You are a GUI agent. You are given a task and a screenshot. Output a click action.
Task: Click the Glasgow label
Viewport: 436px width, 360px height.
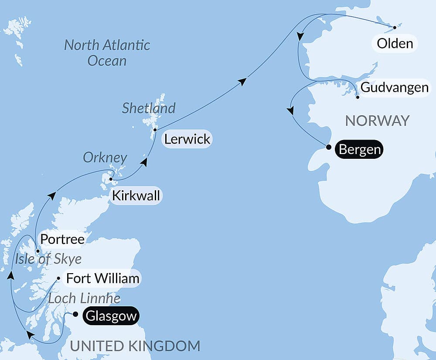pos(111,316)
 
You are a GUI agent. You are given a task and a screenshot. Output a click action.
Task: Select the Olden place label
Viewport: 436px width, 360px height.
pos(395,44)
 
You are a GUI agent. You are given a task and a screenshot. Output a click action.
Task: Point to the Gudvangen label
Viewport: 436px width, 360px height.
pos(395,88)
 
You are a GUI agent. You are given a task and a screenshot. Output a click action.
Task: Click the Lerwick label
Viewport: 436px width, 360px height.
pos(187,139)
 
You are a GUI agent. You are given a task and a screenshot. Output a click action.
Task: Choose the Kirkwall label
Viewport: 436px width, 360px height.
pos(136,195)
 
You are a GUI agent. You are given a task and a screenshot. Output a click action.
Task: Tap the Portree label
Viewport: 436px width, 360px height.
pos(61,239)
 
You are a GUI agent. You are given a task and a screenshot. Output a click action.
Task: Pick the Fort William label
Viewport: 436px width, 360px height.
pos(103,278)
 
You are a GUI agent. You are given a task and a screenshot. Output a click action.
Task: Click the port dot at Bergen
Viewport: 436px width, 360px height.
pos(328,147)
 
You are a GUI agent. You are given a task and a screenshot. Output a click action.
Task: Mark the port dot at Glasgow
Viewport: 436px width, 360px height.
pos(75,314)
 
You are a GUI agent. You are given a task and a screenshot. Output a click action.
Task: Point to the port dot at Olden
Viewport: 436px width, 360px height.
pos(395,27)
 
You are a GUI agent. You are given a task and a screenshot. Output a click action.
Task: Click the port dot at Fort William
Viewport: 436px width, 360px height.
pos(59,278)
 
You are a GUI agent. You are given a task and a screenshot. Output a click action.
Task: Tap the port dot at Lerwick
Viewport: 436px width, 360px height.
pos(155,130)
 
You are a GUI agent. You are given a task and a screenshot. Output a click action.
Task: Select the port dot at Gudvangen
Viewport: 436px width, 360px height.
pos(358,97)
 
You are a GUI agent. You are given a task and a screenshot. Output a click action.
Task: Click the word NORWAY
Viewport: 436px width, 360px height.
pos(377,120)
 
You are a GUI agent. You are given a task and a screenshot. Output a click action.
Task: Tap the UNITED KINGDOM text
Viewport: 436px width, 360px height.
pos(135,346)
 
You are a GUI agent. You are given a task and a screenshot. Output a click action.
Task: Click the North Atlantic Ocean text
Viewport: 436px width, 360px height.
pos(107,52)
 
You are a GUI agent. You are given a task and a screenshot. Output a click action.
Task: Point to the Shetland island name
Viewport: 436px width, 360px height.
pos(148,108)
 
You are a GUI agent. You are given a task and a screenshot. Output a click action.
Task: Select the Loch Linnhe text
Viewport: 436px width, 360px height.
pos(84,298)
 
